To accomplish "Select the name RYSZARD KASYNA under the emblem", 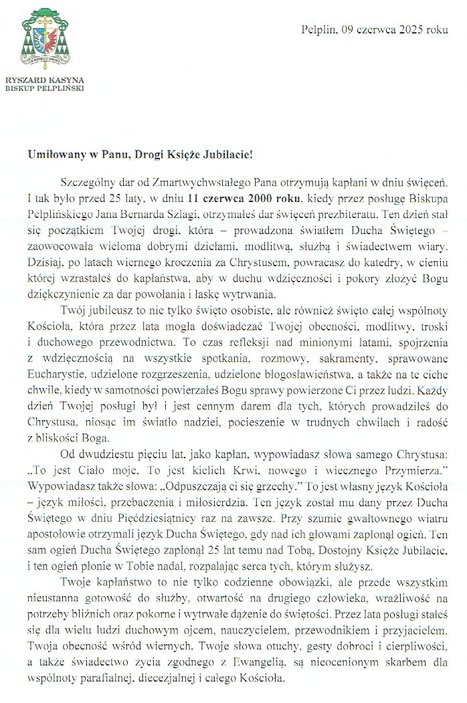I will (44, 81).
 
